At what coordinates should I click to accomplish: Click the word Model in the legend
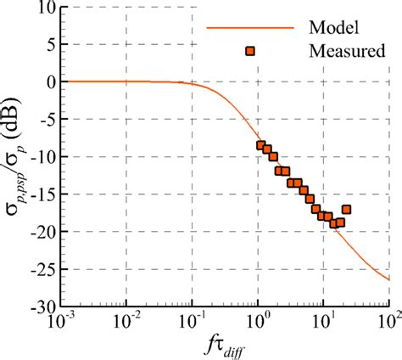tap(333, 26)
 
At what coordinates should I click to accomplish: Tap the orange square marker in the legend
tap(250, 51)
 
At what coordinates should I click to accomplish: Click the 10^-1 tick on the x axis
tap(193, 323)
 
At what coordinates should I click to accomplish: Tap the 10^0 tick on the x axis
tap(258, 323)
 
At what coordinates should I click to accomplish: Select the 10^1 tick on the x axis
tap(323, 323)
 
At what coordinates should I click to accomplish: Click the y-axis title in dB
tap(18, 157)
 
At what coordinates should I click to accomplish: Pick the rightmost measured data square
tap(346, 209)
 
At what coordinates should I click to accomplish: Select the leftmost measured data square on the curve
tap(261, 145)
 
